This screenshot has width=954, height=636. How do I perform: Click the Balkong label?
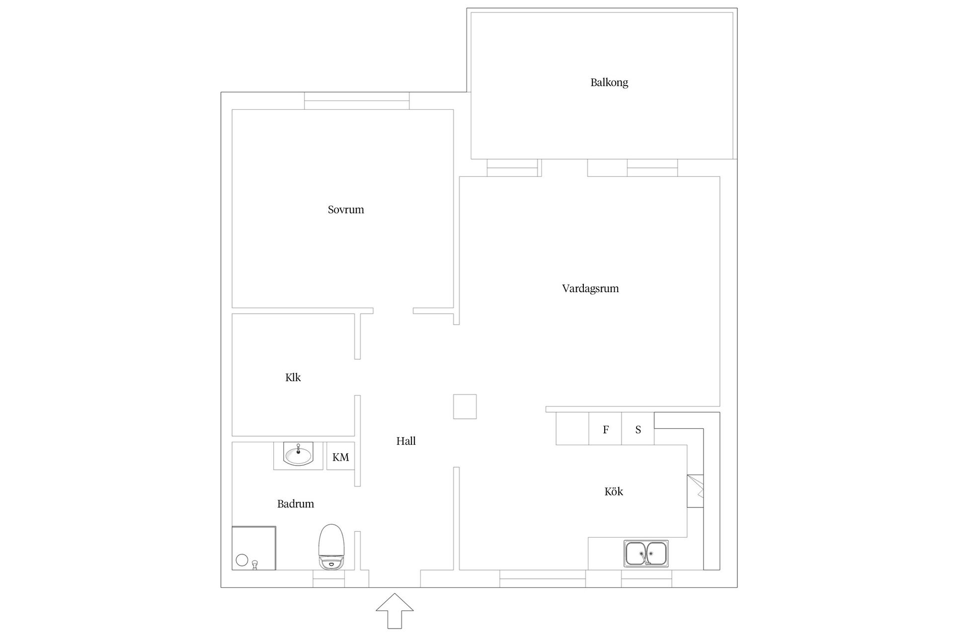(609, 82)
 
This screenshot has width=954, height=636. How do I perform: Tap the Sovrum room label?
(346, 210)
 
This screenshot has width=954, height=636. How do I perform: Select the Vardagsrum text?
(590, 289)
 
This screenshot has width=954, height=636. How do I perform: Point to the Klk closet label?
(293, 378)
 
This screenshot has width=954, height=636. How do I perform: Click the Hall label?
(406, 441)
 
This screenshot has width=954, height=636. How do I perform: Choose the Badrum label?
(296, 504)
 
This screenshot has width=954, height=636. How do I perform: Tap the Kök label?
(614, 491)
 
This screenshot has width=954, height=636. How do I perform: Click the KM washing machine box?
(340, 456)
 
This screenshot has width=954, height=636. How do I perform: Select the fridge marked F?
(605, 429)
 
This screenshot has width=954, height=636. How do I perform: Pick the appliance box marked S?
(638, 429)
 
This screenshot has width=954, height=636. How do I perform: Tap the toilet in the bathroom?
(331, 547)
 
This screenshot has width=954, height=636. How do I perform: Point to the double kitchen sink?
(646, 554)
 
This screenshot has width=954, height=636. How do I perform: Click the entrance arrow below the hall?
(395, 611)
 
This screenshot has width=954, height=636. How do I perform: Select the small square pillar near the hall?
(465, 406)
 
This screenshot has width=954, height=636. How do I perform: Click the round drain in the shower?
(242, 560)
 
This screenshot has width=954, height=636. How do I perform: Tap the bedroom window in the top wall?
(357, 101)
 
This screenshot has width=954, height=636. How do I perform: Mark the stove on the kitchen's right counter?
(696, 491)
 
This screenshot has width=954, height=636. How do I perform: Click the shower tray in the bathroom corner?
(254, 548)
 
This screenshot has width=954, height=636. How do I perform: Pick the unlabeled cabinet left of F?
(572, 429)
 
